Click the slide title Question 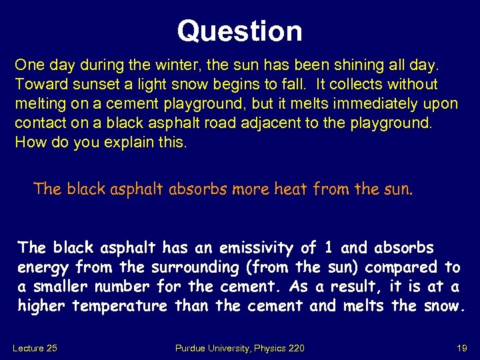(x=239, y=31)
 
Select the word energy (x=43, y=268)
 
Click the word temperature (x=120, y=307)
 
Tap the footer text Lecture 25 (x=36, y=347)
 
